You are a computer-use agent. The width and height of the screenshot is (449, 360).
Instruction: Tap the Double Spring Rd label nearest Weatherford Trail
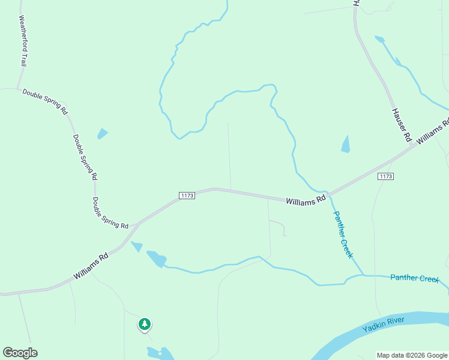45,102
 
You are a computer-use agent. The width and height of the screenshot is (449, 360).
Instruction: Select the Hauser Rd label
401,125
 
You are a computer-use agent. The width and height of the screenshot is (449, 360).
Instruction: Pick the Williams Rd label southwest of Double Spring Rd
91,265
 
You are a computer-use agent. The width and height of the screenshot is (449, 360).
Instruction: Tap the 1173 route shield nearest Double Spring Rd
187,196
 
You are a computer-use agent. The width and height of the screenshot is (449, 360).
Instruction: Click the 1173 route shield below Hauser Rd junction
385,176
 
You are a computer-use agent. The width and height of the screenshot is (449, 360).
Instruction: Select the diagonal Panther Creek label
343,235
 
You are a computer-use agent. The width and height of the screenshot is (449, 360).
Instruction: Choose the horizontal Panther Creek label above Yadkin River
415,278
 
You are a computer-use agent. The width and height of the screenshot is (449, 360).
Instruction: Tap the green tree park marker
144,324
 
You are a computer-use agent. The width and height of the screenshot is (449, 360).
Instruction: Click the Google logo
20,353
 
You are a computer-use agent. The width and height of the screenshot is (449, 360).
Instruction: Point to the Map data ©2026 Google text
412,355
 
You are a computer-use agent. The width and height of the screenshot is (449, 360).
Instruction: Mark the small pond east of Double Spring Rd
102,133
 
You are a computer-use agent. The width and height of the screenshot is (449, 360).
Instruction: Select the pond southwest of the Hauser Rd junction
345,145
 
